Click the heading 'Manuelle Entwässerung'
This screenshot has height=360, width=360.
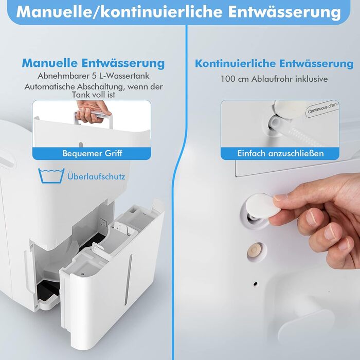[93, 63]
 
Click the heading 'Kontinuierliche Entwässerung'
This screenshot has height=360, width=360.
[274, 63]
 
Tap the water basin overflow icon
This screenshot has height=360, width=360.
[51, 176]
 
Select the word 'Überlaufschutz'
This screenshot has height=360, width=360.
[96, 176]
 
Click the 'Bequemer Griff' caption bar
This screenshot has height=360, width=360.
[92, 153]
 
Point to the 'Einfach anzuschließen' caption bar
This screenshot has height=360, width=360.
[280, 153]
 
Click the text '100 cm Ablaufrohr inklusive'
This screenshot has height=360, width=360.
[274, 79]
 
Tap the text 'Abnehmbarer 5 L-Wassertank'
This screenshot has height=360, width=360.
[94, 76]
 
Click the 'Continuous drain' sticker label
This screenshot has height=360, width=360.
[322, 109]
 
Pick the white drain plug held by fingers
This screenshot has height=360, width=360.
[263, 206]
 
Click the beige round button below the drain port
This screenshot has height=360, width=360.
[254, 251]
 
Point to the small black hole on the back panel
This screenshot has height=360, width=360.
[255, 284]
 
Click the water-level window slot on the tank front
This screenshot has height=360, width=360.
[128, 280]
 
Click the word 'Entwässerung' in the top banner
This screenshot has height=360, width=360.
[284, 12]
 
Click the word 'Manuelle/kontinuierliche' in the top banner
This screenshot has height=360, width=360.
[119, 12]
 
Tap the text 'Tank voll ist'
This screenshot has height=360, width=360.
[94, 95]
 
